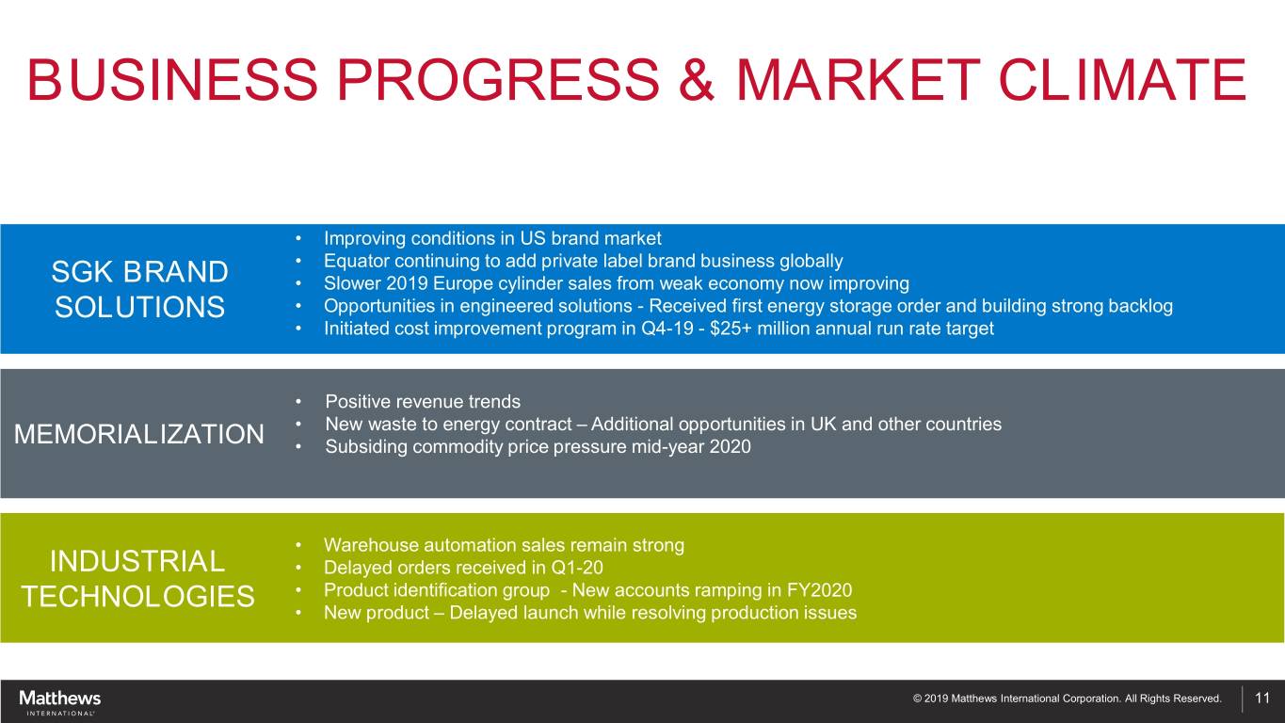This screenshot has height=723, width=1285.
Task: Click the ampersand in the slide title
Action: pos(697,79)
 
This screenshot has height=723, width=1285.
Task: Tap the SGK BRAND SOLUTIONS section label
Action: pos(139,289)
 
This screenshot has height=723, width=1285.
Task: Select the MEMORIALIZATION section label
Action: pos(138,434)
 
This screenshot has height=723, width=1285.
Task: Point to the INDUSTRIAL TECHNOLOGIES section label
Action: pos(137,578)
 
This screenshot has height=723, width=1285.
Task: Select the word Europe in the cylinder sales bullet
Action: pos(468,283)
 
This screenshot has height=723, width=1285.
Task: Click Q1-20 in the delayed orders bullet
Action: pos(577,568)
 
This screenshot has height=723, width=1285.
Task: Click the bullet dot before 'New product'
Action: pos(298,613)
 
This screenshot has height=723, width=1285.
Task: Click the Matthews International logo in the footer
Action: pos(60,702)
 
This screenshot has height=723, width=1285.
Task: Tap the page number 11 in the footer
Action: pos(1262,698)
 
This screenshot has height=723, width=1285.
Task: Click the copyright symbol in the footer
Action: pos(917,699)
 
